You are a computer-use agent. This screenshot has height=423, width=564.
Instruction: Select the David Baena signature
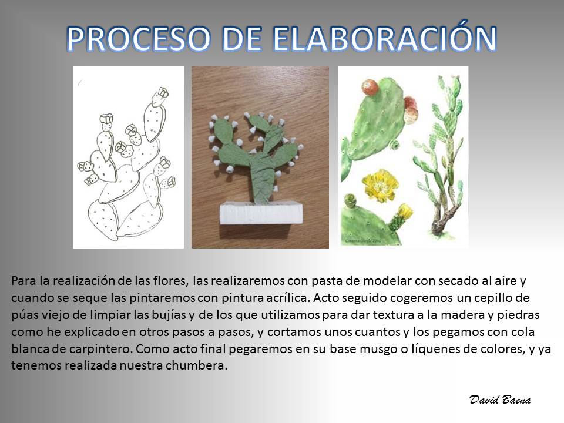(x=500, y=399)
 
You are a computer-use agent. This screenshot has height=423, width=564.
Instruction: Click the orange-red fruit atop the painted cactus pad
(x=370, y=88)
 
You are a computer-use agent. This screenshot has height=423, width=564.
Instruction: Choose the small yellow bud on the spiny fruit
(x=405, y=211)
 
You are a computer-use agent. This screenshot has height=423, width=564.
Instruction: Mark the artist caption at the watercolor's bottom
(x=361, y=241)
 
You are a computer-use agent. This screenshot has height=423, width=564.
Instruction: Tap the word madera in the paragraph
(x=462, y=315)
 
